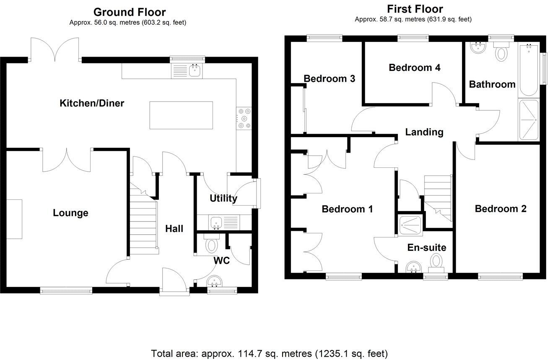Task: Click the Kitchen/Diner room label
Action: (92, 103)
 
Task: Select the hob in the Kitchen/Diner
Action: (245, 118)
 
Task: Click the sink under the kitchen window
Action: (195, 70)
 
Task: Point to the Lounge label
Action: (70, 213)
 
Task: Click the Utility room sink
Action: (216, 222)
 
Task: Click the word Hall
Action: (174, 229)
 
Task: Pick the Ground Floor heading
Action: (129, 12)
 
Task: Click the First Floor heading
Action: (415, 9)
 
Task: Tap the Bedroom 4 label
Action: (415, 68)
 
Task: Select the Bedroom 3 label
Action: (329, 78)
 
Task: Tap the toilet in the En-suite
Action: (436, 263)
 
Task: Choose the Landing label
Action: (424, 132)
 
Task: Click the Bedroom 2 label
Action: (501, 209)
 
